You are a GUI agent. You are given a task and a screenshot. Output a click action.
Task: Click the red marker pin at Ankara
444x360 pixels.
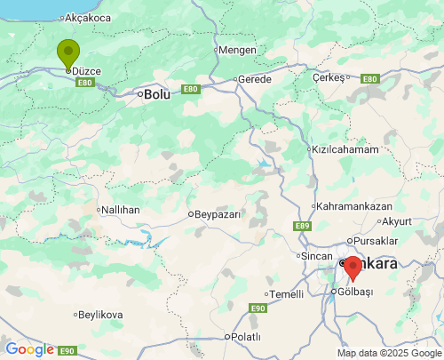[x=353, y=267]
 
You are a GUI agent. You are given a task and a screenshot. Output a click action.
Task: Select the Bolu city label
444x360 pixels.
[x=156, y=93]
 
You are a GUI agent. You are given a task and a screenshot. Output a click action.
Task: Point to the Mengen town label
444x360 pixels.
[x=236, y=50]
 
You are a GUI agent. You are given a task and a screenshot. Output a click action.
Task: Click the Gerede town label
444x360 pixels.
[x=255, y=79]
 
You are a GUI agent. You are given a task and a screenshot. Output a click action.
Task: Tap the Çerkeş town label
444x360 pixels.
[x=328, y=77]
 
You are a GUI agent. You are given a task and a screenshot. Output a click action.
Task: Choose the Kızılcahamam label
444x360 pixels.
[x=345, y=149]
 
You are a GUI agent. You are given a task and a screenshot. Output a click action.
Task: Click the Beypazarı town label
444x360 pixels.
[x=218, y=214]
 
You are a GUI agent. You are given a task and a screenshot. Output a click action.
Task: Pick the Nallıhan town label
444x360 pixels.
[x=121, y=210]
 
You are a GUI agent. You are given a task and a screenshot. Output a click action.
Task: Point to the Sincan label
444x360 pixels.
[x=316, y=256]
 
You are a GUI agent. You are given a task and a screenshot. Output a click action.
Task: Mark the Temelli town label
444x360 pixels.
[x=287, y=294]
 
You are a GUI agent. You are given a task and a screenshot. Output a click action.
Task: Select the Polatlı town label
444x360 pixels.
[x=245, y=337]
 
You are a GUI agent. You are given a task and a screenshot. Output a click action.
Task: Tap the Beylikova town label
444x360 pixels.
[x=100, y=315]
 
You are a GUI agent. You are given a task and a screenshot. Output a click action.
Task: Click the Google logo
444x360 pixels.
[x=29, y=349]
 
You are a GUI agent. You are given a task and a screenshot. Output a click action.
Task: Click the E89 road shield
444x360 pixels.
[x=303, y=227]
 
